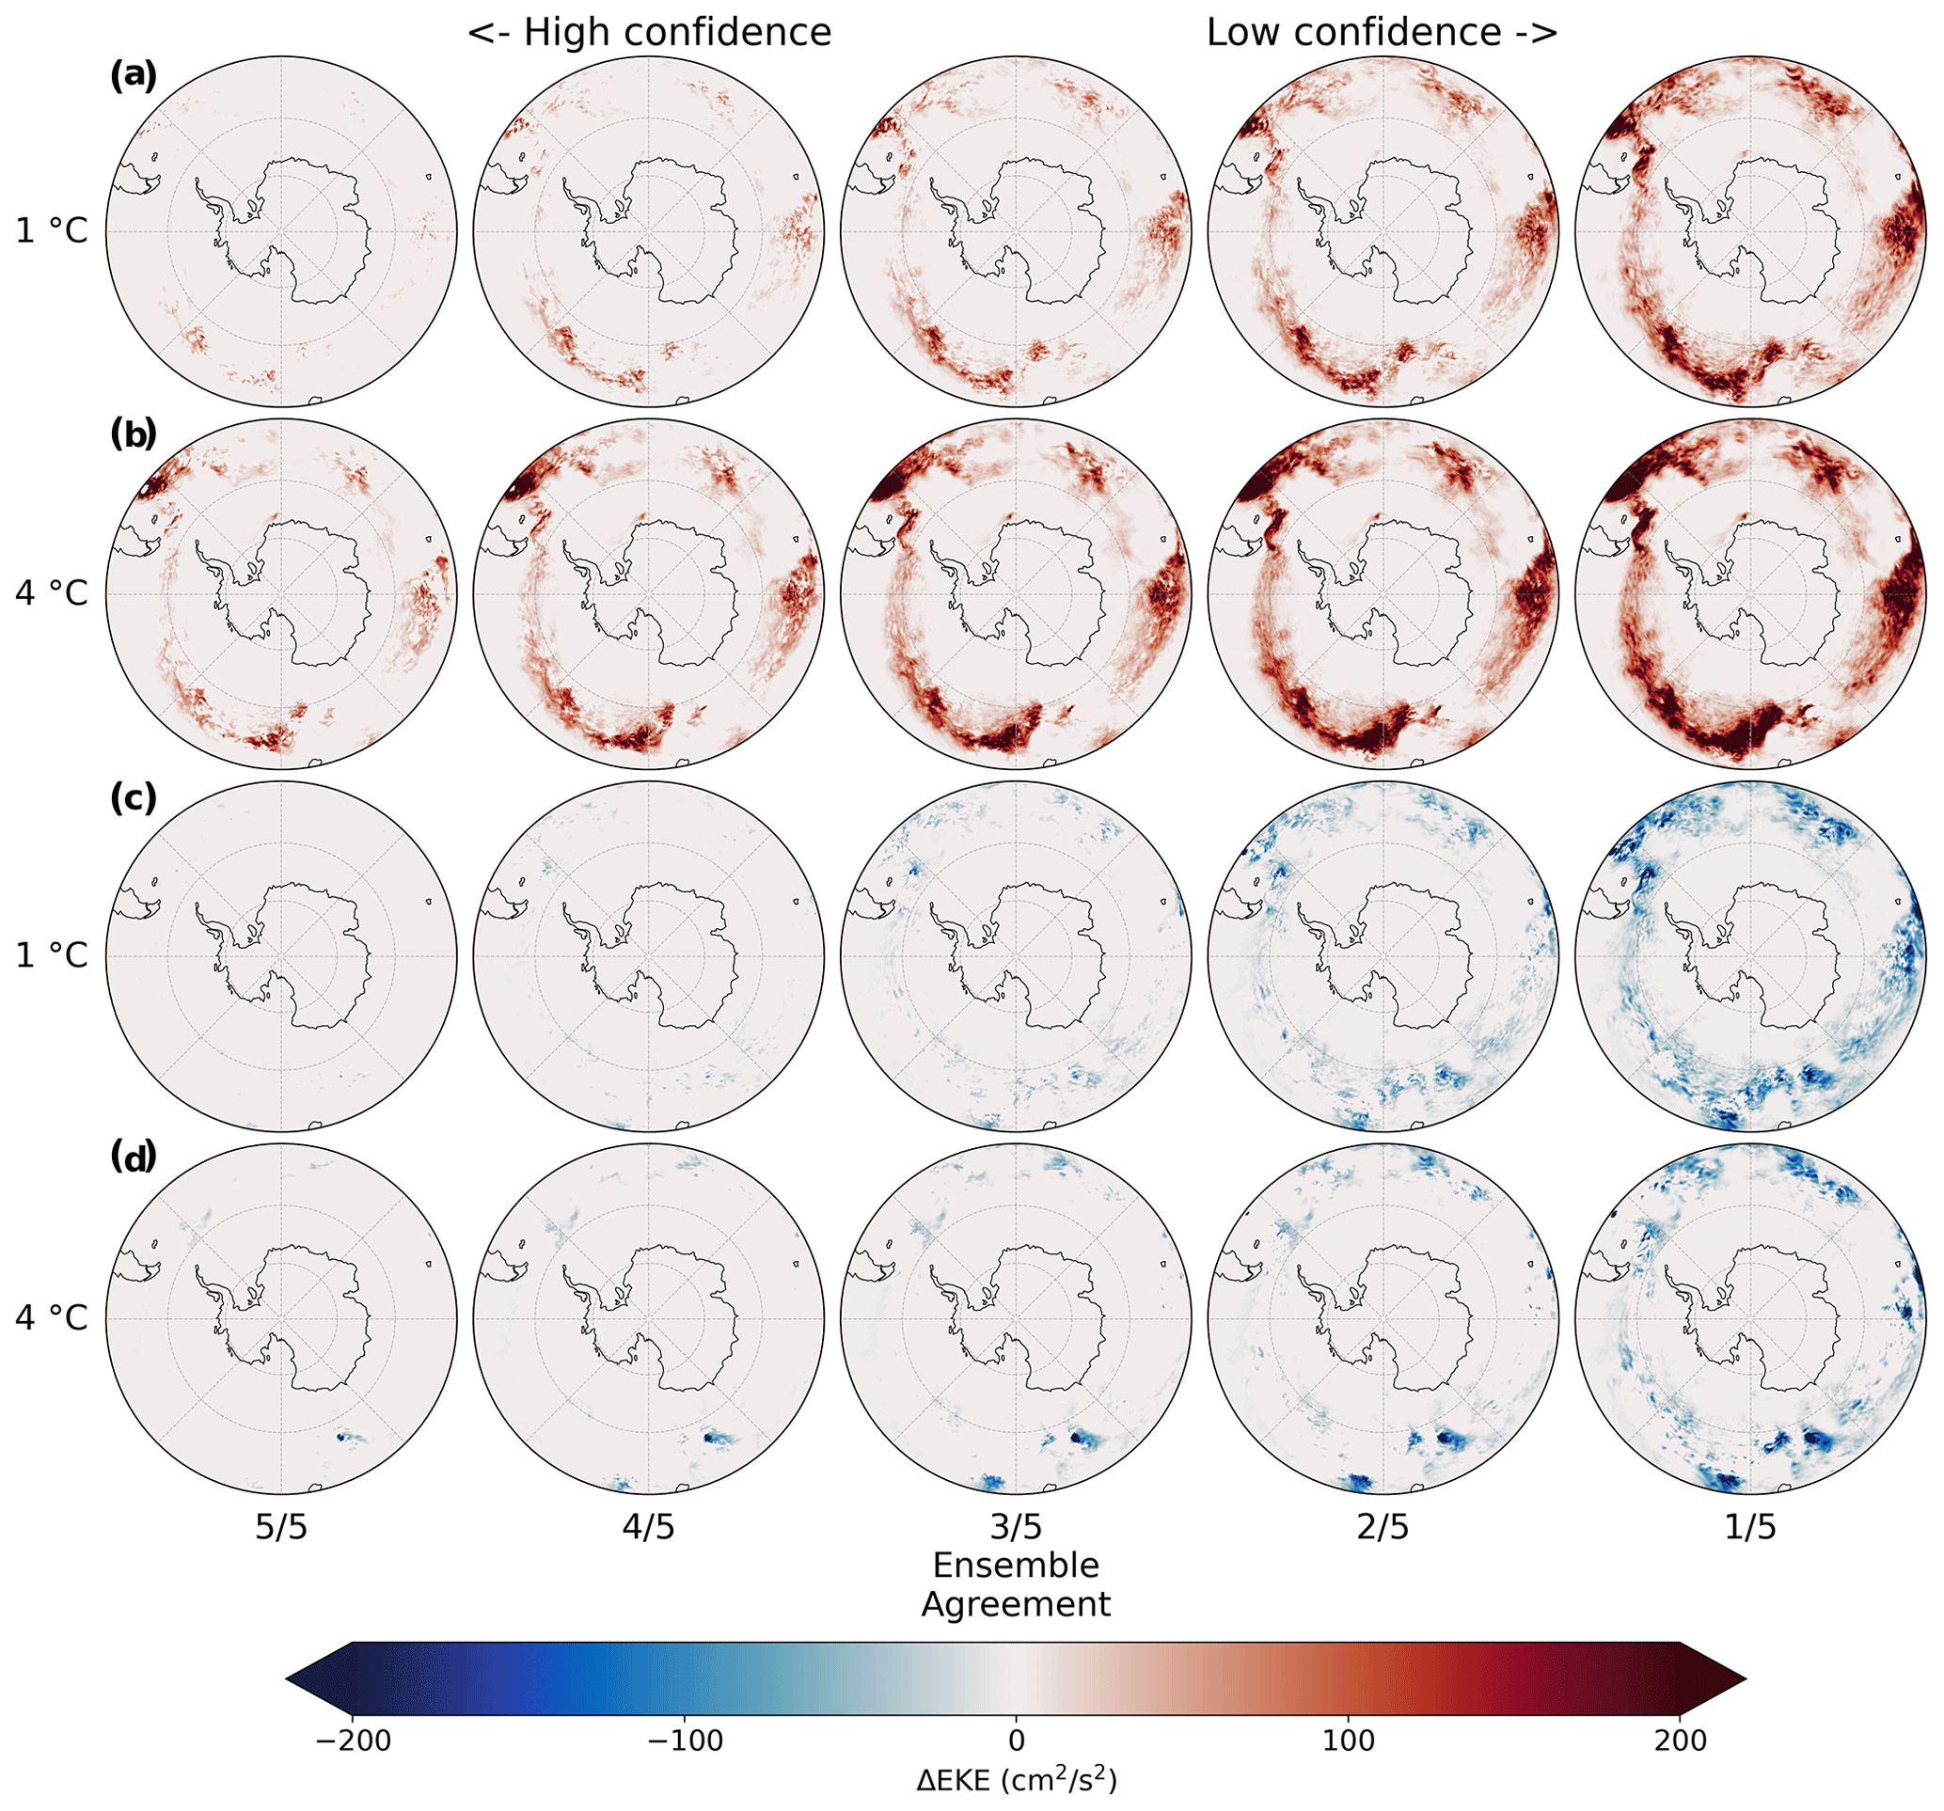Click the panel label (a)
click(x=132, y=75)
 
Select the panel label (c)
click(x=132, y=798)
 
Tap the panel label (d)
click(x=132, y=1157)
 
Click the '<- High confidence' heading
click(x=648, y=32)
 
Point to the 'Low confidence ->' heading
click(x=1382, y=32)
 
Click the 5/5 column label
click(x=280, y=1526)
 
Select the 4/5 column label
click(x=648, y=1526)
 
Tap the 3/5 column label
click(x=1016, y=1526)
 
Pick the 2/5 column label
click(x=1383, y=1526)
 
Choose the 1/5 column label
click(x=1749, y=1526)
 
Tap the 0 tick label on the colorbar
click(x=1016, y=1740)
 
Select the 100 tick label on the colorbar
click(x=1348, y=1740)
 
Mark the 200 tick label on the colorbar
click(x=1679, y=1740)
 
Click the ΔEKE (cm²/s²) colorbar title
click(x=1016, y=1780)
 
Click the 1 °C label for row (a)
click(x=51, y=230)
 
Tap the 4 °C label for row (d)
click(x=51, y=1317)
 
